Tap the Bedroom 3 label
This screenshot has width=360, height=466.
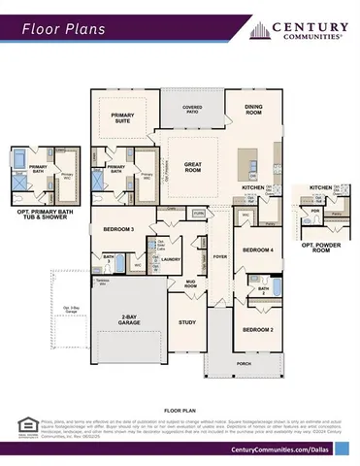point(118,229)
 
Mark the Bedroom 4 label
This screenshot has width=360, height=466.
point(257,250)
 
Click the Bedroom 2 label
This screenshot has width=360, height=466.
point(257,330)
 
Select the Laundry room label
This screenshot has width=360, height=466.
point(172,259)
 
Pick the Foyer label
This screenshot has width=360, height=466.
point(220,257)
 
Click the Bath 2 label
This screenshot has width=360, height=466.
point(263,290)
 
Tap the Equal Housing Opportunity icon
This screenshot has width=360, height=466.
point(25,425)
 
